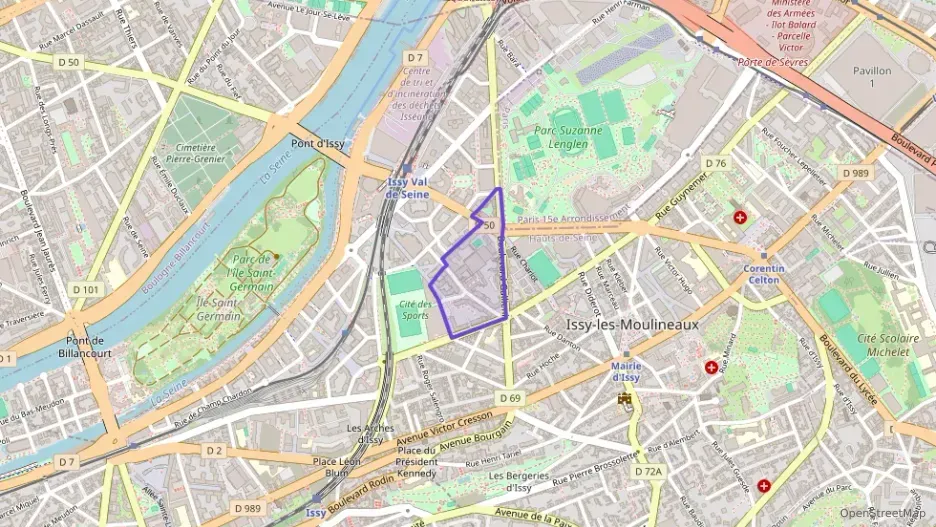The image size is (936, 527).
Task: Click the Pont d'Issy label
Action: tap(317, 143)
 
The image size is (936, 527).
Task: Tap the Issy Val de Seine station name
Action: tap(408, 188)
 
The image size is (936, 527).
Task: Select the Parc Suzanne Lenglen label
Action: tap(567, 137)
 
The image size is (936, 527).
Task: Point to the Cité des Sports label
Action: tap(414, 309)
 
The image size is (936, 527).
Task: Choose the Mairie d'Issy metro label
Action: tap(625, 372)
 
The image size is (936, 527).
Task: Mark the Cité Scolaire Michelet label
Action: tap(875, 345)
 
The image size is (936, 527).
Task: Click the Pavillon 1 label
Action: tap(871, 77)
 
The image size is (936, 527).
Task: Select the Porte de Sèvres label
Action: tap(772, 62)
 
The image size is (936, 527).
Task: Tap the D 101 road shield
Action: tap(86, 290)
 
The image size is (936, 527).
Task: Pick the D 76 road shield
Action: tap(715, 163)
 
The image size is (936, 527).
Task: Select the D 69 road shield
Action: tap(509, 398)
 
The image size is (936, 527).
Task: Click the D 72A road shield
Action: tap(648, 470)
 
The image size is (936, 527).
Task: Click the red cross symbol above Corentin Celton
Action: tap(740, 217)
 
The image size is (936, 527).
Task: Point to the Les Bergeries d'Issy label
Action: tap(518, 481)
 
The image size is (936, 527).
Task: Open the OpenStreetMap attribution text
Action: tap(881, 513)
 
